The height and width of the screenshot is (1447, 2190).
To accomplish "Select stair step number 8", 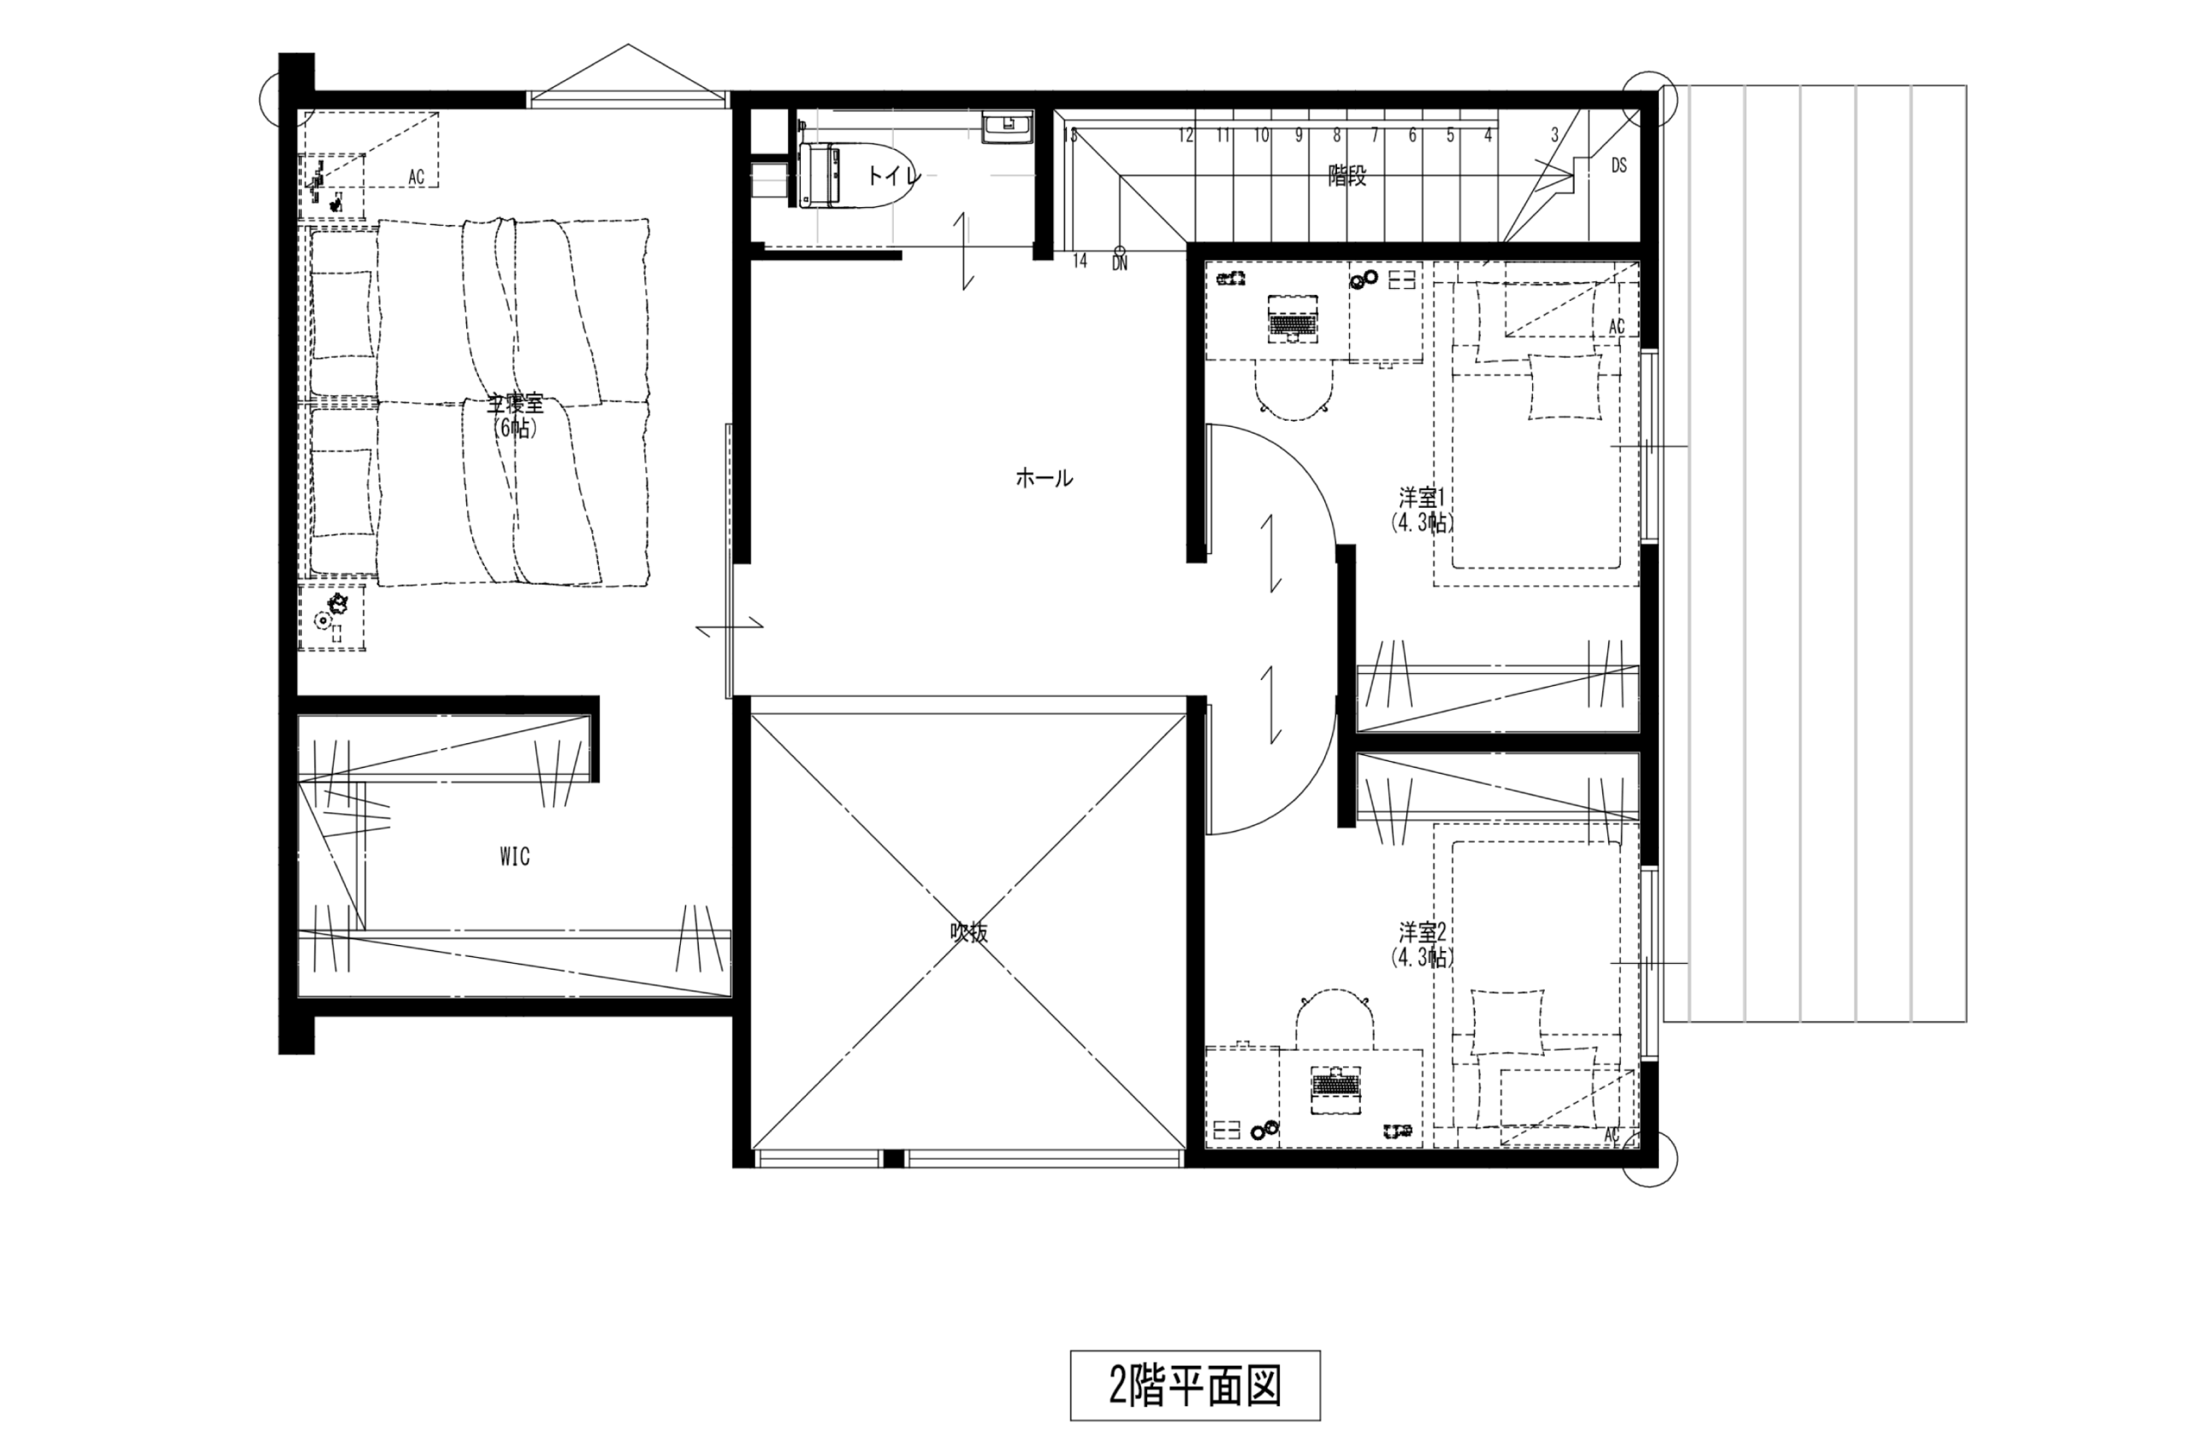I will pos(1336,136).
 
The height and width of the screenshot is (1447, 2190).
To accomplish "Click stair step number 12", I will pos(1186,136).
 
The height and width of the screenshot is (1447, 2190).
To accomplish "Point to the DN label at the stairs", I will pos(1120,264).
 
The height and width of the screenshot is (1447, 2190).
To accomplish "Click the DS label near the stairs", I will pos(1619,166).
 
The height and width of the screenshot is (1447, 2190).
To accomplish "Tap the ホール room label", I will pos(1044,478).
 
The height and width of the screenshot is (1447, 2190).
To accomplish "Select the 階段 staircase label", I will pos(1347,176).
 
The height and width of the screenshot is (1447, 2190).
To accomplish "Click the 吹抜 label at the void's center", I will pos(969,933).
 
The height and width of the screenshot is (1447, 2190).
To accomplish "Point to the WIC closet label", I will pos(515,857).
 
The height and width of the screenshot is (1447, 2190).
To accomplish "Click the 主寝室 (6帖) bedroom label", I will pos(515,416).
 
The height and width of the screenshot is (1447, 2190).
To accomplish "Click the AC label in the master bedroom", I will pos(417,177).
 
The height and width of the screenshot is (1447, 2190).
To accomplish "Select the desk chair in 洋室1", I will pos(1293,393).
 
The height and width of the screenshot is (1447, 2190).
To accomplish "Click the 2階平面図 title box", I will pos(1194,1385).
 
